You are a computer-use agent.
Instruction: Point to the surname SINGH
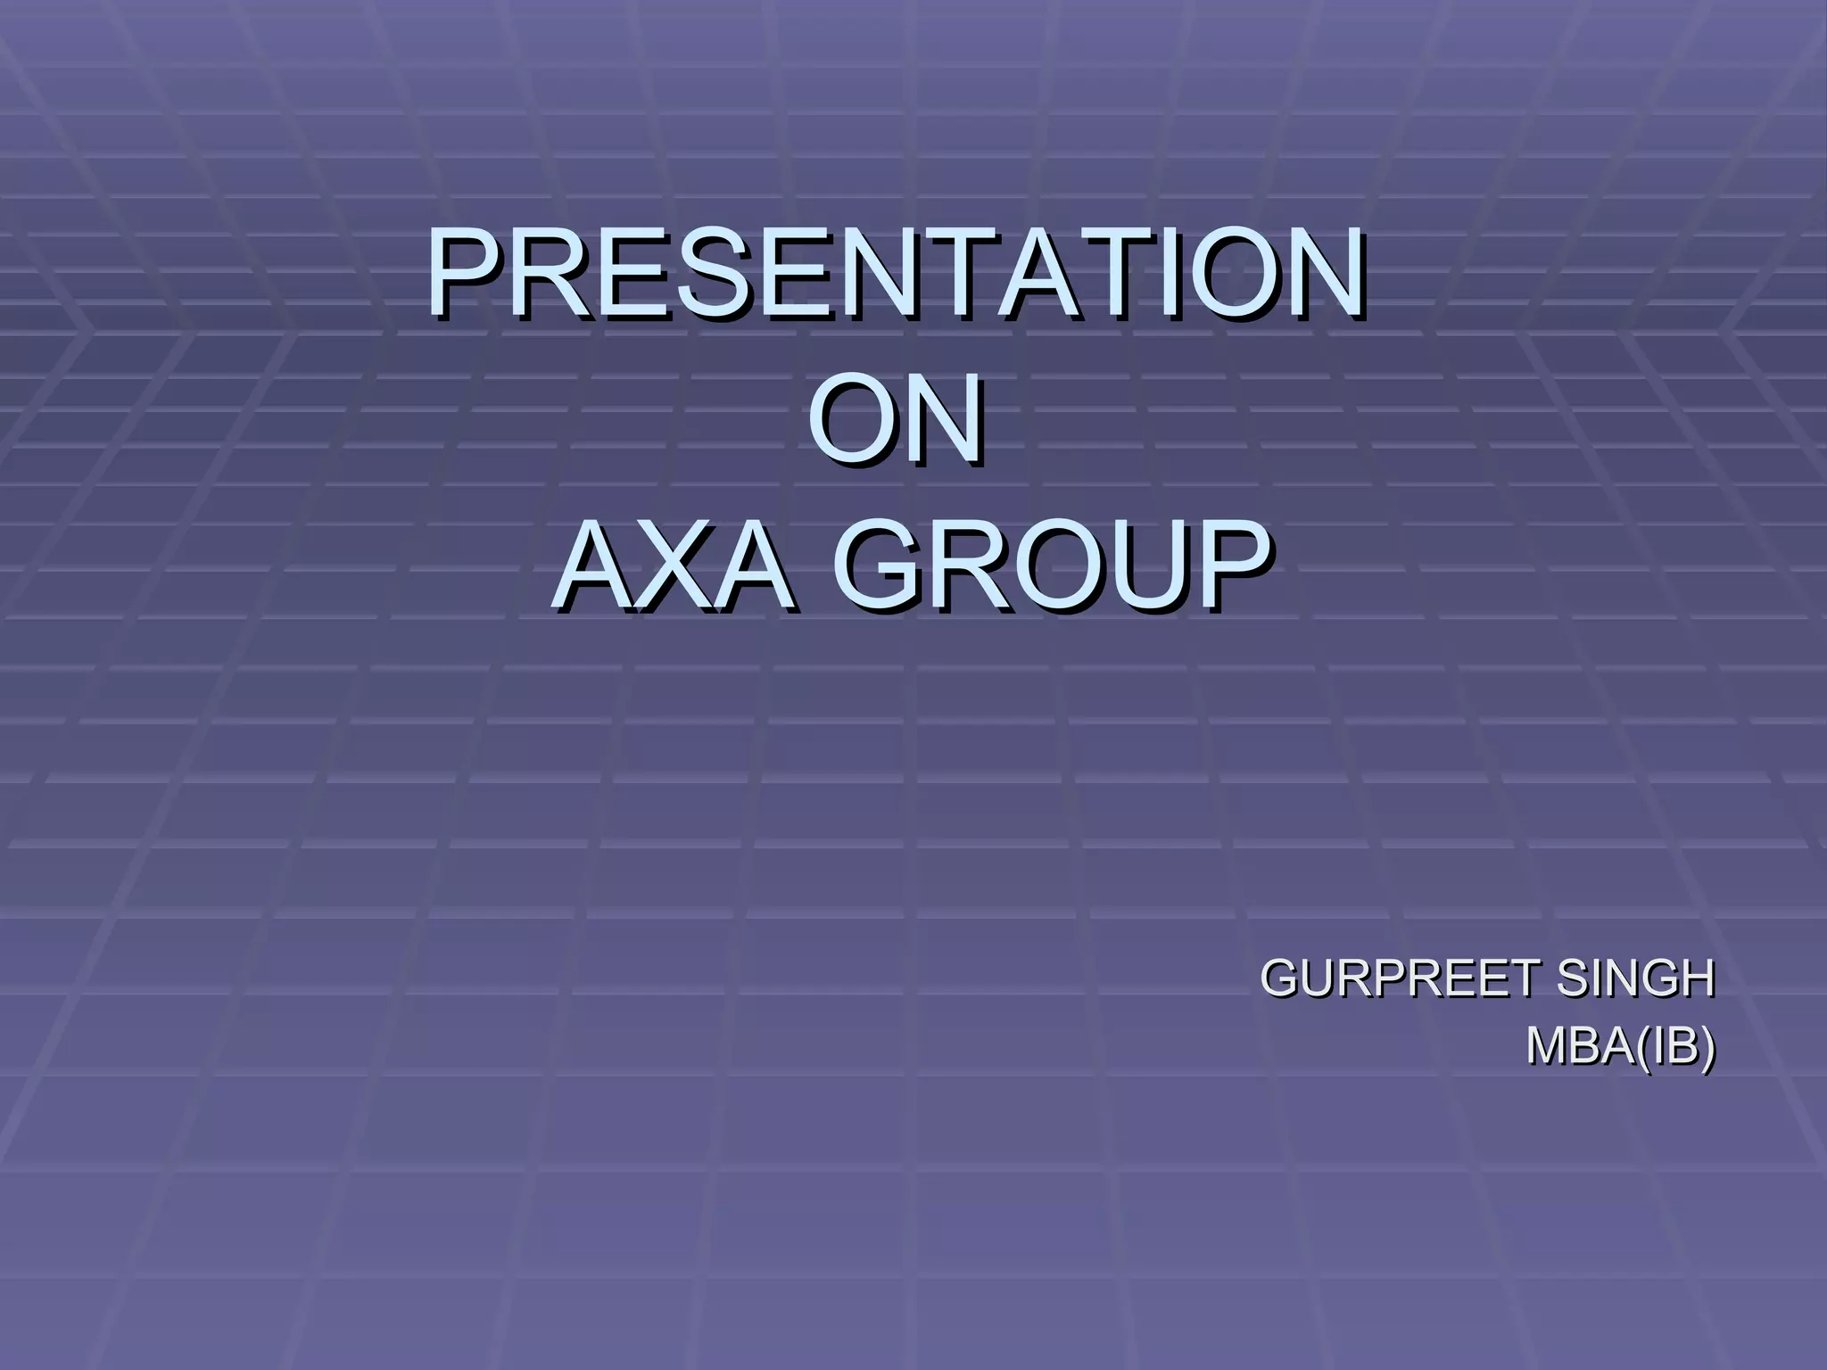(1634, 978)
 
